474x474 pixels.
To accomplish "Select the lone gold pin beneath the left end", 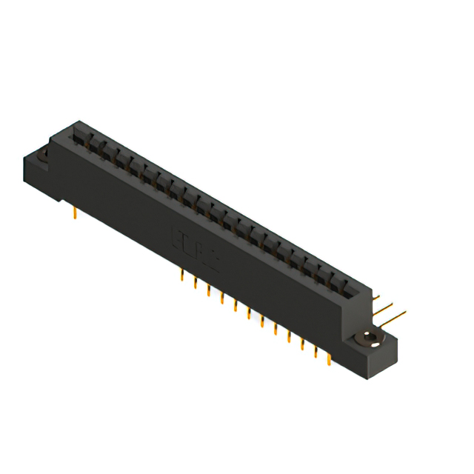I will click(x=75, y=214).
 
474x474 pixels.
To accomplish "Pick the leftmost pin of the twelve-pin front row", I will click(x=182, y=277).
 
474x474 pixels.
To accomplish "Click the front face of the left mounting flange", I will click(x=41, y=178).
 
